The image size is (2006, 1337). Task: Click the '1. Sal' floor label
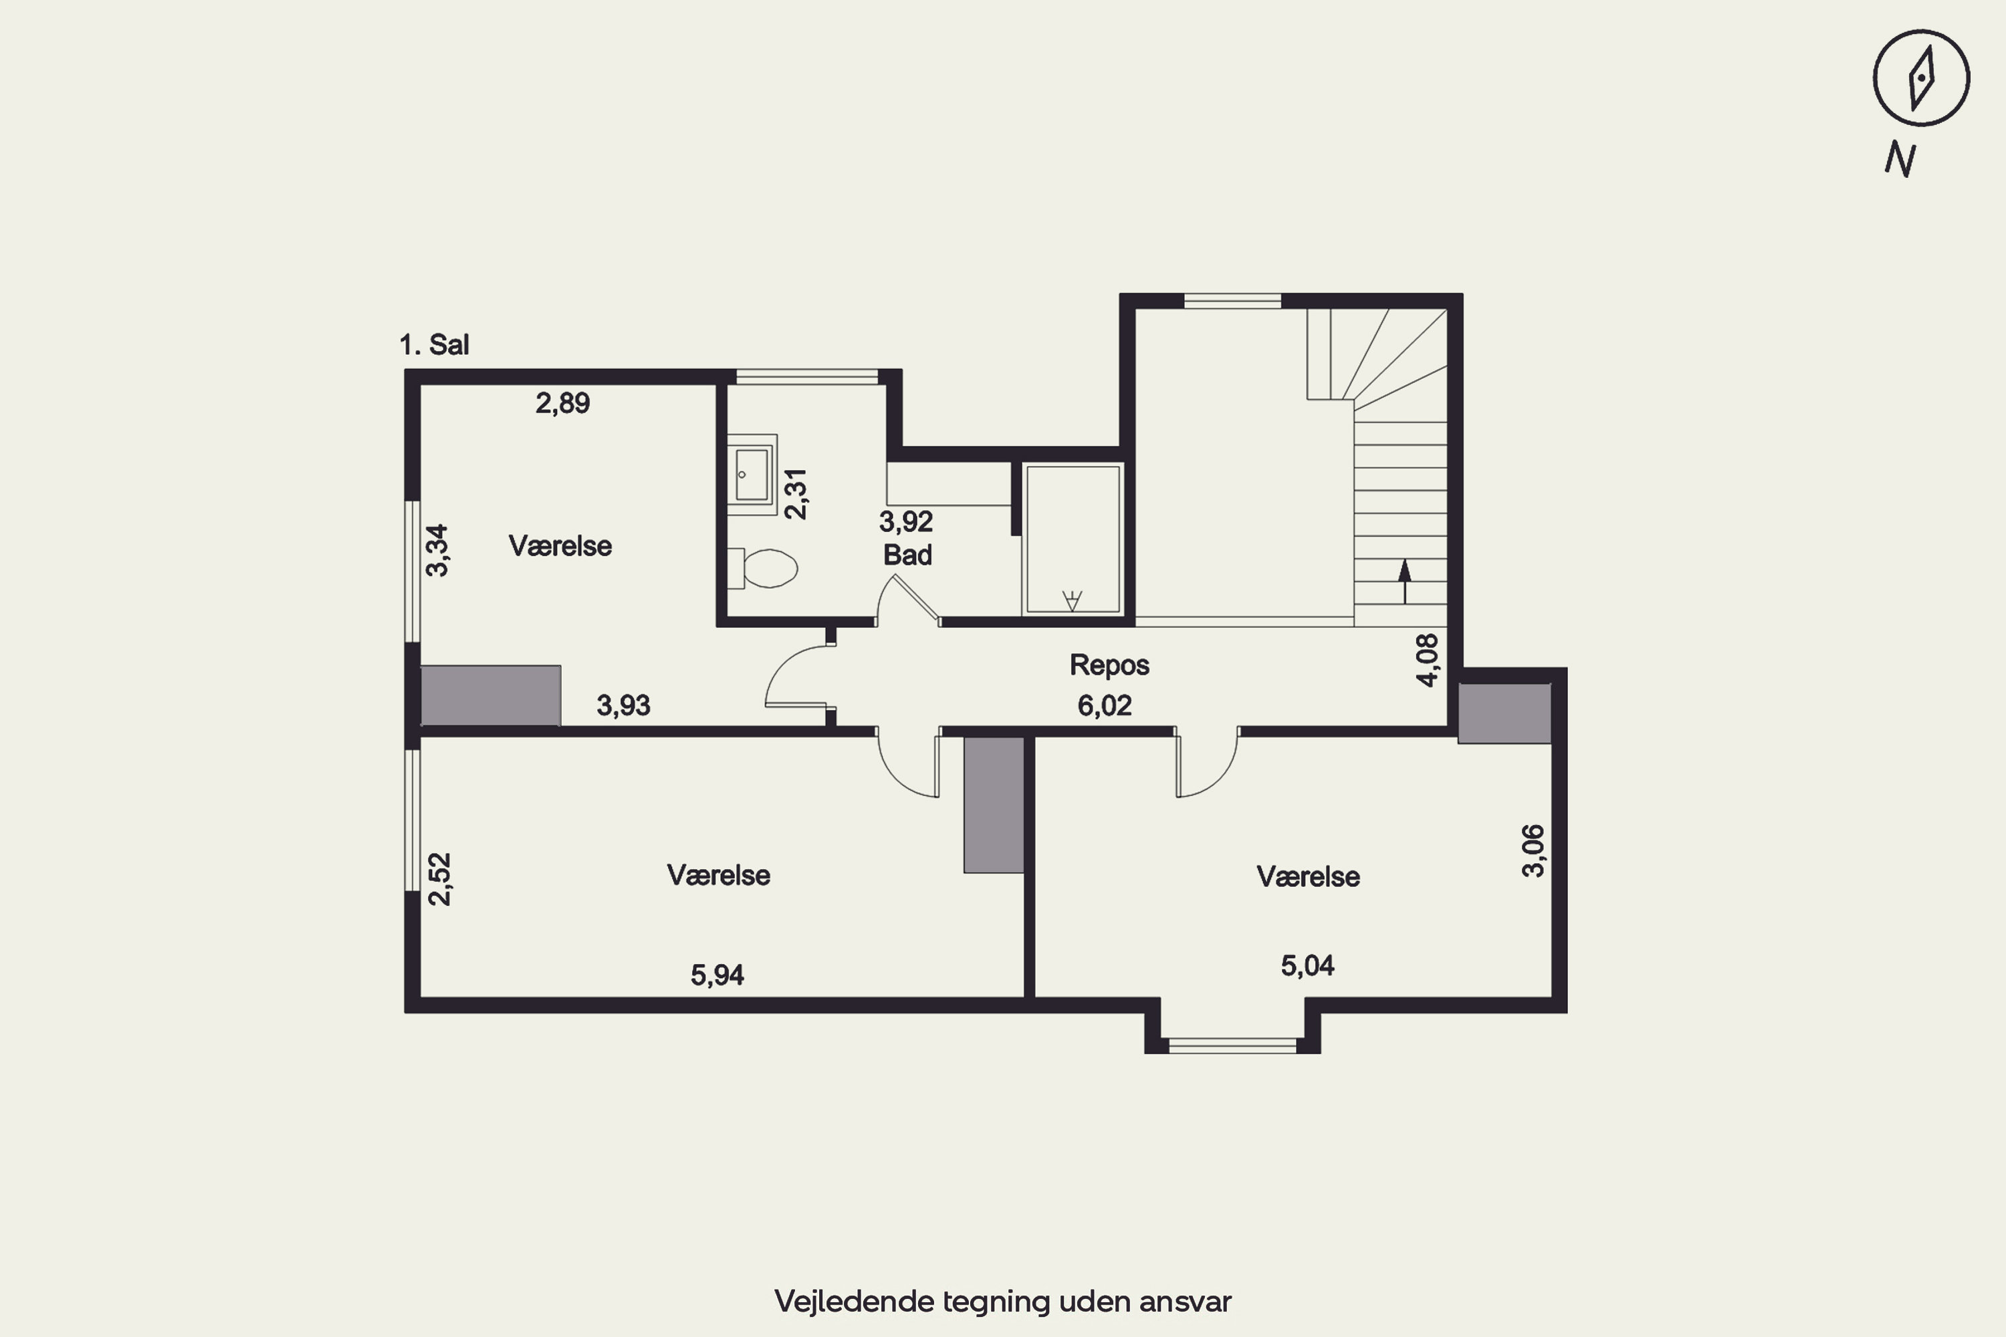tap(434, 344)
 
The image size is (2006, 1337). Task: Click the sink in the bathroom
tap(752, 474)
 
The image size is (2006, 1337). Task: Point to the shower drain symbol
tap(1072, 600)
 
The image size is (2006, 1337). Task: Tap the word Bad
tap(907, 555)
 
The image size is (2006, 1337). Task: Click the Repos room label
tap(1109, 665)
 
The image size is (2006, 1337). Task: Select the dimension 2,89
tap(562, 402)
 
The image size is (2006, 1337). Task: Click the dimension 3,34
tap(437, 550)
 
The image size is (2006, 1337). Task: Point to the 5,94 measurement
tap(717, 975)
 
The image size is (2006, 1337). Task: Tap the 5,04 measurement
tap(1307, 965)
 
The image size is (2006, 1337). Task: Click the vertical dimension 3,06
tap(1533, 850)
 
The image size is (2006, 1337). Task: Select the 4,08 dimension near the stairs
tap(1427, 659)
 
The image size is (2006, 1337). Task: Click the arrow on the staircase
tap(1405, 582)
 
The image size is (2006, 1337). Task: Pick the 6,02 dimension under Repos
tap(1105, 705)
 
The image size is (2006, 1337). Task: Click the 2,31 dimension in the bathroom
tap(795, 494)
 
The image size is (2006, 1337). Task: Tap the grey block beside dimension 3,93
tap(490, 696)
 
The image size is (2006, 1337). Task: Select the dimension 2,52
tap(439, 878)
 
